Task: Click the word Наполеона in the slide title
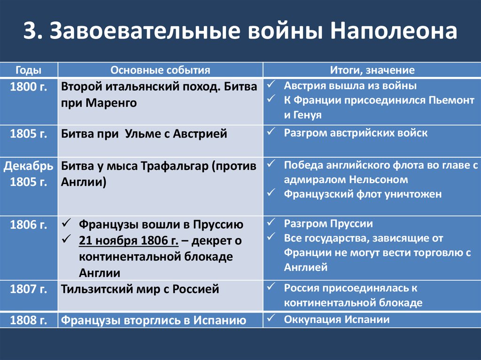(x=394, y=31)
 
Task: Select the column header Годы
(x=29, y=70)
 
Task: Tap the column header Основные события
(x=161, y=70)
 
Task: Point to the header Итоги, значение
(x=372, y=70)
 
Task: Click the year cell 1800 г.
(x=29, y=87)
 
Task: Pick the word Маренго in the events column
(x=111, y=103)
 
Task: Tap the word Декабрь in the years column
(x=29, y=166)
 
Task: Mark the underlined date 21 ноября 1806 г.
(x=129, y=241)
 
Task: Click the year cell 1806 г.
(x=29, y=225)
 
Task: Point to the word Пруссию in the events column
(x=218, y=225)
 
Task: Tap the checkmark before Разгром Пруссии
(x=271, y=222)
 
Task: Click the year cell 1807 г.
(x=29, y=289)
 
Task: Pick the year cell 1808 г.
(x=29, y=321)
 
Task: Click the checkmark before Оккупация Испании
(x=271, y=318)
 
